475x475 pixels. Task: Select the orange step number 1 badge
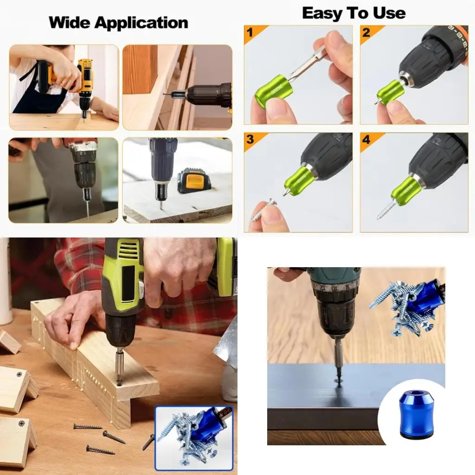[x=251, y=32]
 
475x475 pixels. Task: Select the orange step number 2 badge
[x=367, y=32]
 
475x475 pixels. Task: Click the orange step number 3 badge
[x=251, y=140]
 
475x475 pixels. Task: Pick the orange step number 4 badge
[x=367, y=140]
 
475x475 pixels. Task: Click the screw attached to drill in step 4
[x=386, y=209]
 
